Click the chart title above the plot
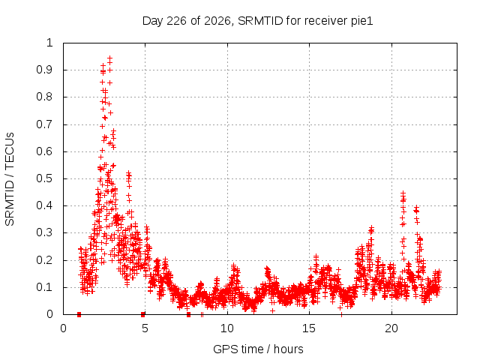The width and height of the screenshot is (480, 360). pyautogui.click(x=258, y=21)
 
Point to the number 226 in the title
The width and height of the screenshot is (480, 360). pyautogui.click(x=177, y=21)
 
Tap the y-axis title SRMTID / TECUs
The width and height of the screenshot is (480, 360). pyautogui.click(x=10, y=179)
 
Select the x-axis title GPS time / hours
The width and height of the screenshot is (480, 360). pyautogui.click(x=258, y=349)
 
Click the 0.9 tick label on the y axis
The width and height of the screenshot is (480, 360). pyautogui.click(x=45, y=70)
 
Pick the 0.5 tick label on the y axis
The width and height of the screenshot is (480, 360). pyautogui.click(x=45, y=178)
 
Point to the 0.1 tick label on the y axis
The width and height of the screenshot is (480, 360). pyautogui.click(x=45, y=287)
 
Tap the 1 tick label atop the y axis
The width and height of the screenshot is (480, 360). pyautogui.click(x=50, y=43)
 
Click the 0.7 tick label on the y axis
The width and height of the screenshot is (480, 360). pyautogui.click(x=45, y=124)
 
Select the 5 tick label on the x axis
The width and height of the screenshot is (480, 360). pyautogui.click(x=145, y=328)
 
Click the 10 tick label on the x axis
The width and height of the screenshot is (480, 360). pyautogui.click(x=227, y=328)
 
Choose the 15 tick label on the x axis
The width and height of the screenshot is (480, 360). pyautogui.click(x=309, y=328)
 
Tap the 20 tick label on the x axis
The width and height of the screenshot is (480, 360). pyautogui.click(x=391, y=328)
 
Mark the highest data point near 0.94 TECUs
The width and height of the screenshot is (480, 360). pyautogui.click(x=109, y=58)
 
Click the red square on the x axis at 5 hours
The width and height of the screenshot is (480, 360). pyautogui.click(x=143, y=314)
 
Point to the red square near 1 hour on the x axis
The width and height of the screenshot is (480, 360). pyautogui.click(x=79, y=314)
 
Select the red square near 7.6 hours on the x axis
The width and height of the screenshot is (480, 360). pyautogui.click(x=188, y=314)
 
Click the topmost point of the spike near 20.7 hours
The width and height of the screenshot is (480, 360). pyautogui.click(x=403, y=193)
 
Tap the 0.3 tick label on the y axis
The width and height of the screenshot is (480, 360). pyautogui.click(x=45, y=232)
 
